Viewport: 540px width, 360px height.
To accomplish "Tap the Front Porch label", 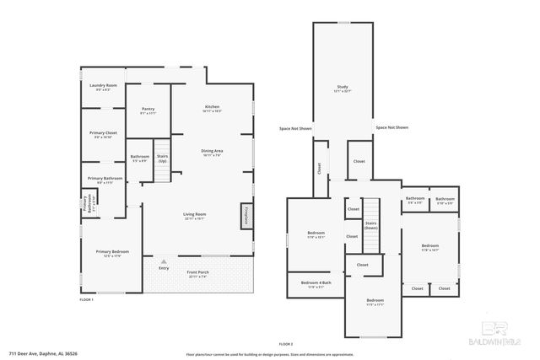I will (198, 273).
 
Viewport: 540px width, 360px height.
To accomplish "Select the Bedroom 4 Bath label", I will (316, 284).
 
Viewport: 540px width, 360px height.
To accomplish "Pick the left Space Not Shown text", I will (296, 127).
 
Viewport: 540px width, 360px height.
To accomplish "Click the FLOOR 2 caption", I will (285, 344).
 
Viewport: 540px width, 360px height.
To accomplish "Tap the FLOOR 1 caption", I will (86, 299).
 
